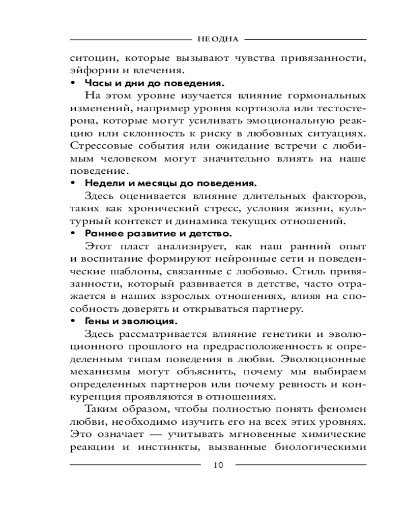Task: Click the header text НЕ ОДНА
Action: (x=218, y=39)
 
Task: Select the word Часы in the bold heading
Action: (x=97, y=82)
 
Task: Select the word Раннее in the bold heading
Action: (x=104, y=233)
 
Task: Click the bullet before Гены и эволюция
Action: (x=73, y=321)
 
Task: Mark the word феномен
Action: (x=340, y=409)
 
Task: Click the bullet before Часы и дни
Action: (x=73, y=82)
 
